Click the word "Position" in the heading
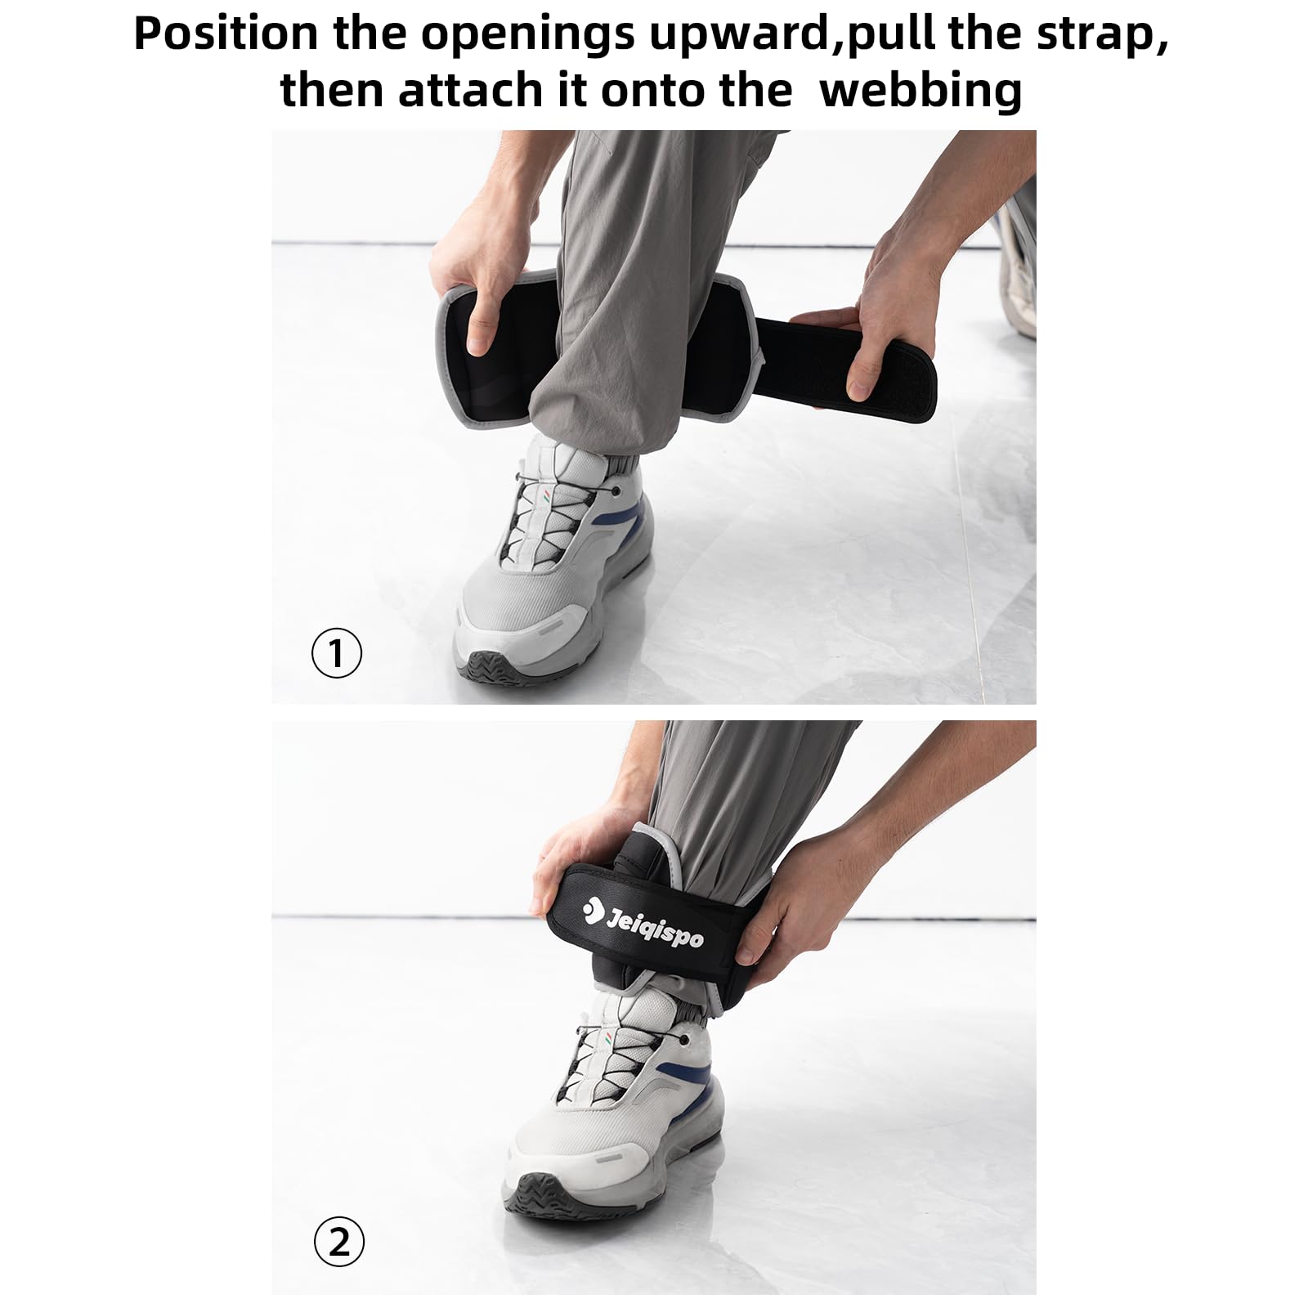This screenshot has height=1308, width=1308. tap(226, 34)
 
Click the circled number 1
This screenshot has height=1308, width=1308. tap(337, 653)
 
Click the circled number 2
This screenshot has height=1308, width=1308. tap(338, 1243)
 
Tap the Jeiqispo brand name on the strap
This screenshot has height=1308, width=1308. tap(653, 925)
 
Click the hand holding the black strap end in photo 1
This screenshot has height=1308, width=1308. tap(867, 327)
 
